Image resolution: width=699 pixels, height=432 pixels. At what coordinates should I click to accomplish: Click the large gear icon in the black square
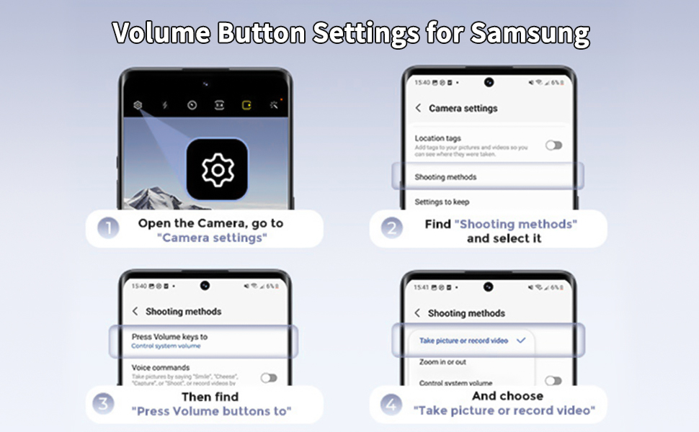(x=217, y=170)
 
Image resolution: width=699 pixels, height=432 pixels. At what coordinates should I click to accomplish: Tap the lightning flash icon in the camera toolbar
(x=165, y=105)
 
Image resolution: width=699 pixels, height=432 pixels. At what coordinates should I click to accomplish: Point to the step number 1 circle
(x=108, y=230)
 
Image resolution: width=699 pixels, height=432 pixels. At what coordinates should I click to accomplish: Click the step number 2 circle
(x=392, y=230)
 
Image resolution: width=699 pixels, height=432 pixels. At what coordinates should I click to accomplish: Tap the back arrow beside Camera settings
(x=418, y=108)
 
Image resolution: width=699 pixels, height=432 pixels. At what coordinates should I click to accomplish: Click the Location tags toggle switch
(x=553, y=145)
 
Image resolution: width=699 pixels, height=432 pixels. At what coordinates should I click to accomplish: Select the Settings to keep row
(x=442, y=202)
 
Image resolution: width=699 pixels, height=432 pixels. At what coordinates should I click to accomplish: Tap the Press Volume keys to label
(x=169, y=336)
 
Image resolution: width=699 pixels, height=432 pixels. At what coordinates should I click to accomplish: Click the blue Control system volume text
(x=166, y=346)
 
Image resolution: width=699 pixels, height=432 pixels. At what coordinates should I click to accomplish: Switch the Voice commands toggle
(x=269, y=377)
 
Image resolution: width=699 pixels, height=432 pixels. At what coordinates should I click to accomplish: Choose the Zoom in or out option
(x=442, y=362)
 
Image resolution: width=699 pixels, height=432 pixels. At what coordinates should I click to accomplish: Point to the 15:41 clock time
(x=421, y=287)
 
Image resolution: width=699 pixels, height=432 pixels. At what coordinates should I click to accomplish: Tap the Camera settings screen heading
(x=463, y=108)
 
